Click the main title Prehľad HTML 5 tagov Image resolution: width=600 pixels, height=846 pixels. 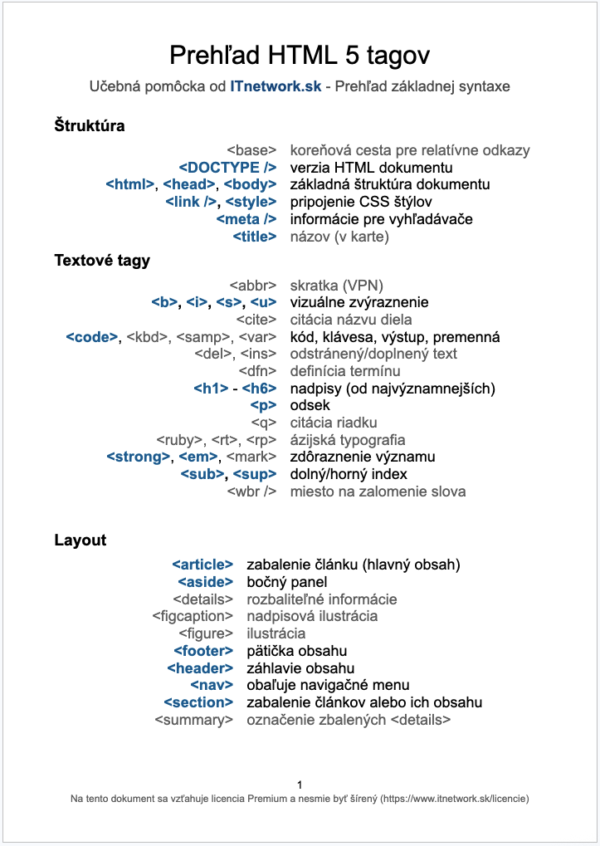300,56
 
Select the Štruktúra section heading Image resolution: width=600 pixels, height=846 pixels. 90,126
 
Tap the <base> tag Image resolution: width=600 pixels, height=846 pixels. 251,150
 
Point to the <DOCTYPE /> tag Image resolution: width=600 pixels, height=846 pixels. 227,168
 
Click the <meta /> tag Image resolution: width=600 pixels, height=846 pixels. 246,219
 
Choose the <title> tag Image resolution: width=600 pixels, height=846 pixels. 254,237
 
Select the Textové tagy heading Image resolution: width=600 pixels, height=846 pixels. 102,261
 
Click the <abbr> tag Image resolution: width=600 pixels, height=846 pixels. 252,285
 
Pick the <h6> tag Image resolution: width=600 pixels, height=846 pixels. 259,389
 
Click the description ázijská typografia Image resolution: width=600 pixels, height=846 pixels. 348,440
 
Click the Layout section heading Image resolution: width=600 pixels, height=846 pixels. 80,540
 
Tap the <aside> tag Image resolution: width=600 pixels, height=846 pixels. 206,582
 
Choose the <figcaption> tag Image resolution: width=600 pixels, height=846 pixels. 193,616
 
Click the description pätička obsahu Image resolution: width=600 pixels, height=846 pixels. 296,651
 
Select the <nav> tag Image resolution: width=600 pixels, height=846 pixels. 212,685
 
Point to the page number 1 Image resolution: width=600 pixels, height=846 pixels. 300,785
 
